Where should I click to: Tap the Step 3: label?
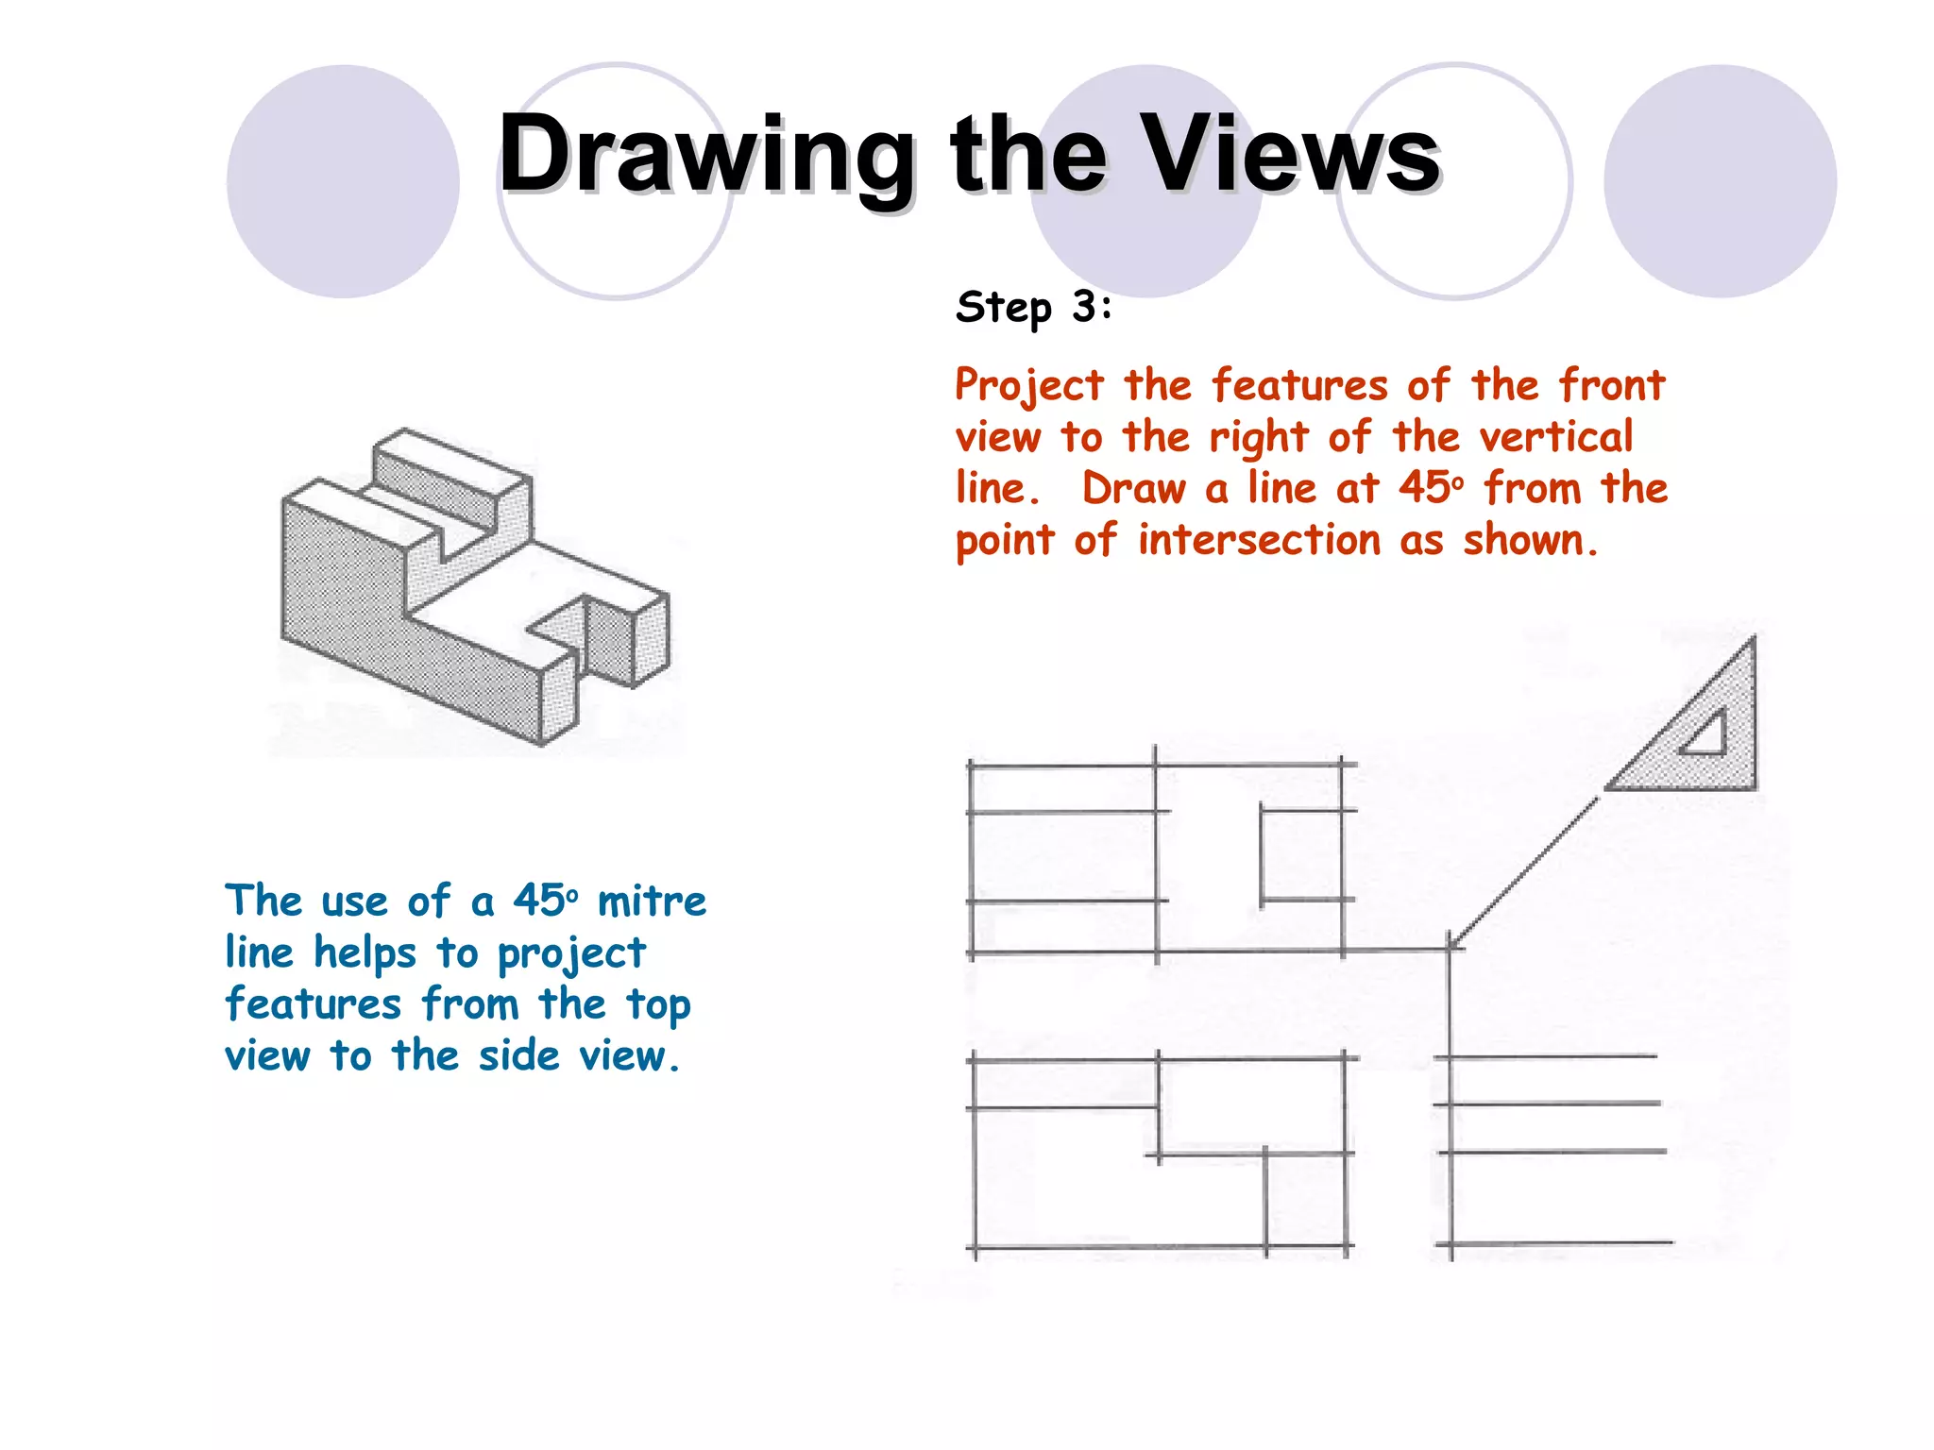pos(1034,308)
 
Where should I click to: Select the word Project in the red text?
pos(1028,386)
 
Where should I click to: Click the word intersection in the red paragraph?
pos(1259,541)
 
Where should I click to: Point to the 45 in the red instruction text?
pos(1424,488)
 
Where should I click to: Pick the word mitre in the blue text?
pos(652,902)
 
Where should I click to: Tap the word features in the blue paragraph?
pos(313,1003)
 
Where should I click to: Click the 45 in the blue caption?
pos(539,901)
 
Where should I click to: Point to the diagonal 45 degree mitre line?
pos(1525,870)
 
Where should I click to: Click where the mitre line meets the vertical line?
pos(1450,947)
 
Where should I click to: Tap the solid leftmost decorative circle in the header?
pos(343,181)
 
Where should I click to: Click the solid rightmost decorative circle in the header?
pos(1720,181)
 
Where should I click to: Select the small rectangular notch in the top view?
pos(1302,854)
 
